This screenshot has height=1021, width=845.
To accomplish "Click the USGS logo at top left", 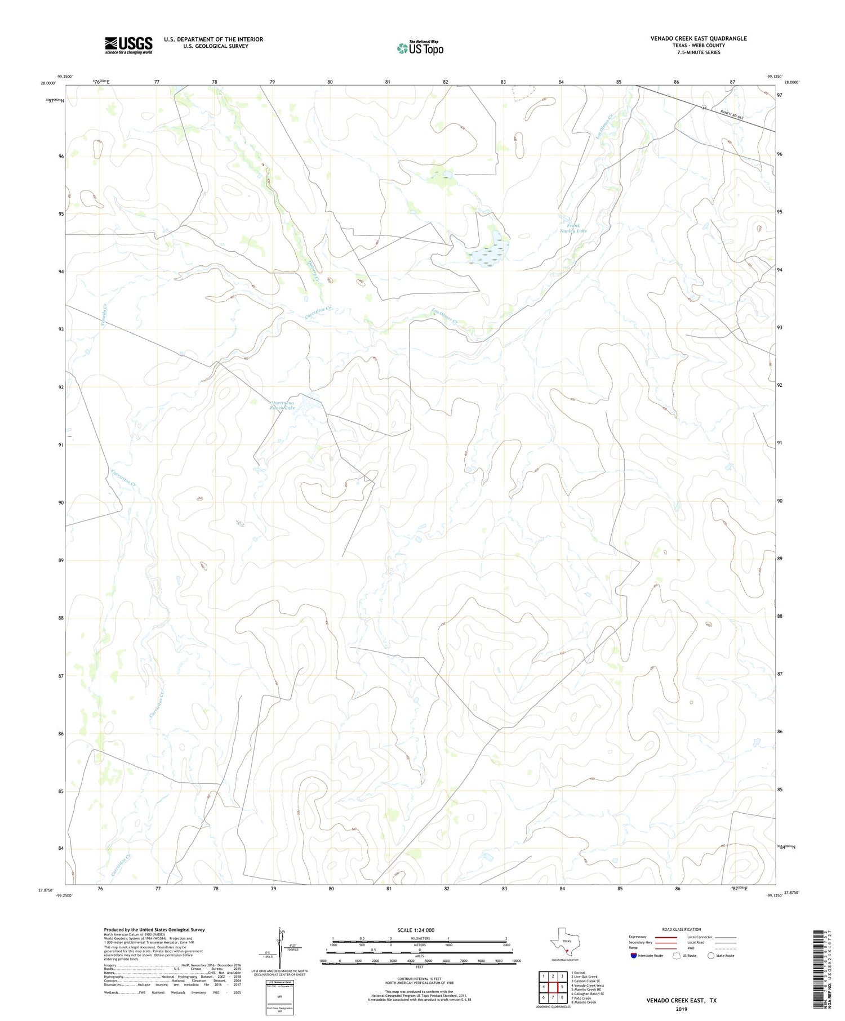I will [x=128, y=45].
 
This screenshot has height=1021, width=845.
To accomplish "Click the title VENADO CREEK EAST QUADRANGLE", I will [x=699, y=38].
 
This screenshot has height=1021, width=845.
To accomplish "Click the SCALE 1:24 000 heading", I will [x=419, y=930].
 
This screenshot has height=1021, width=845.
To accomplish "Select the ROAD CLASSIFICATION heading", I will [x=681, y=929].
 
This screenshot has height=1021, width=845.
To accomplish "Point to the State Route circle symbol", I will [x=711, y=956].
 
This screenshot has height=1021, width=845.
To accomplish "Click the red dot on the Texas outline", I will [x=567, y=952].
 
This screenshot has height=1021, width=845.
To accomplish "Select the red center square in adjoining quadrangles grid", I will [x=562, y=987].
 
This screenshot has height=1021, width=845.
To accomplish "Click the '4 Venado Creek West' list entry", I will [x=588, y=986].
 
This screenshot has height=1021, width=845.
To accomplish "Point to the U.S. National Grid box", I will [x=280, y=997].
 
